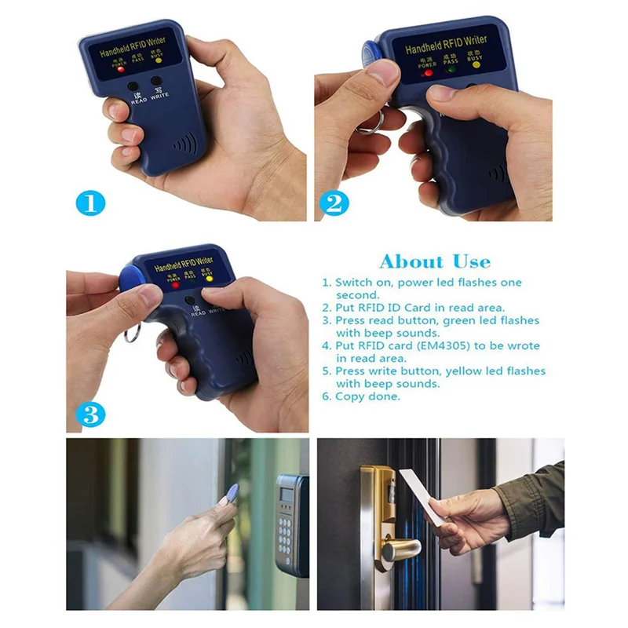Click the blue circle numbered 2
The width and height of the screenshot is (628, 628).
point(333,204)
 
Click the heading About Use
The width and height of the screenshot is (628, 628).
point(434,262)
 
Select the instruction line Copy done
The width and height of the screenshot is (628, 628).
point(367,396)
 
